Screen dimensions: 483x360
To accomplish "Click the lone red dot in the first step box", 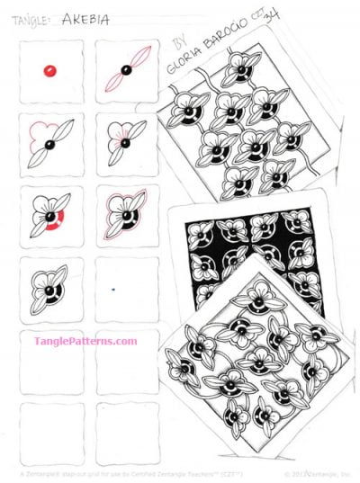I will (50, 69).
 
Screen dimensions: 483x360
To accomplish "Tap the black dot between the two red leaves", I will (126, 70).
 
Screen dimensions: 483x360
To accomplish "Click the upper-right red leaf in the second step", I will (140, 60).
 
